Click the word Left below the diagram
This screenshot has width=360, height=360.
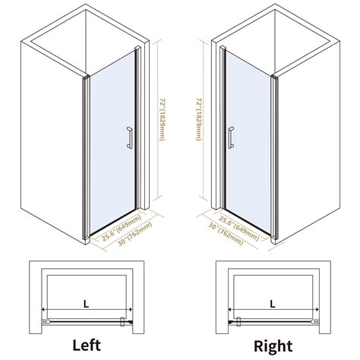tap(87, 345)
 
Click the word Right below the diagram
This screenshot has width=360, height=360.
tap(273, 346)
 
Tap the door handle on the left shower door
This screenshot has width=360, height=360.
tap(129, 137)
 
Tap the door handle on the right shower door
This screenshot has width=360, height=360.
tap(231, 137)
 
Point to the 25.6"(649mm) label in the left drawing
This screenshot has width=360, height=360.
tap(122, 228)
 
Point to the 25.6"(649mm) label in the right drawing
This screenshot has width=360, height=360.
tap(238, 229)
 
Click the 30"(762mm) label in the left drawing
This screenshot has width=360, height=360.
tap(135, 234)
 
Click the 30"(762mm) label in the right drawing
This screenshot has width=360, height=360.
tap(226, 234)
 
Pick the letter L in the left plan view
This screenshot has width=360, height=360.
tap(87, 305)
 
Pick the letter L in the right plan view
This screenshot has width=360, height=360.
tap(273, 305)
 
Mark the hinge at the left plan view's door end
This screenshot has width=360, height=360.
tap(45, 321)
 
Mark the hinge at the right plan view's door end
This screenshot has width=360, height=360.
tap(315, 321)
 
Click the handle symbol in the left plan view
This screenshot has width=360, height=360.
tap(122, 321)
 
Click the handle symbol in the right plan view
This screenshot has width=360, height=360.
tap(238, 321)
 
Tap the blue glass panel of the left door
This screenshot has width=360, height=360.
tap(112, 142)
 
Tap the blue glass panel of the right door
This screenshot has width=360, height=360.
tap(248, 142)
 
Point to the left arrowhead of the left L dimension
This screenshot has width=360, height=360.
tap(43, 309)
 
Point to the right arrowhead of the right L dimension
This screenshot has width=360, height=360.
tap(317, 309)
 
